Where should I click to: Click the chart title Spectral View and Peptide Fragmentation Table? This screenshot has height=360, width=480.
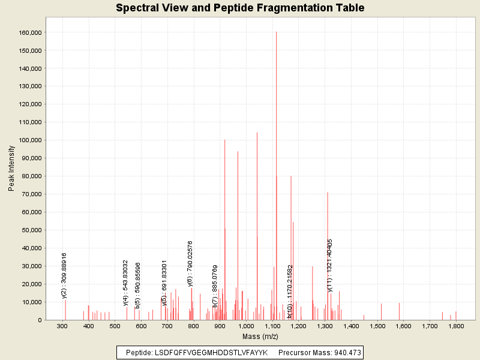tap(240, 8)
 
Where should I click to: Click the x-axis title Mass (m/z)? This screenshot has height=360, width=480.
tap(260, 336)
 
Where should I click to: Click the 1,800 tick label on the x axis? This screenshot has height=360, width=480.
tap(456, 326)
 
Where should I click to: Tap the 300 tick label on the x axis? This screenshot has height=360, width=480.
tap(62, 326)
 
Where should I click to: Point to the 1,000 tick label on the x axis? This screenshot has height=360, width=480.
tap(246, 326)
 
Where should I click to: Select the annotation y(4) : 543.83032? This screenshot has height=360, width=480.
tap(126, 283)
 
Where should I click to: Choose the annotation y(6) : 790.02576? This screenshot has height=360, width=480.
tap(190, 263)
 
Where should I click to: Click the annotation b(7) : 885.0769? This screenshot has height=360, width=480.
tap(215, 286)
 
